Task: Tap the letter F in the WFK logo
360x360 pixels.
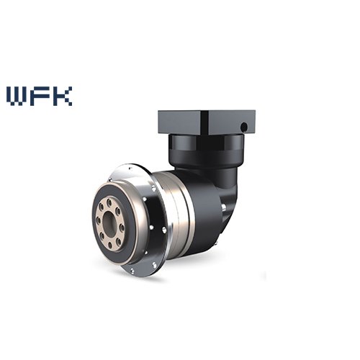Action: [41, 96]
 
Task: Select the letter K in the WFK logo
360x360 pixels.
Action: [62, 96]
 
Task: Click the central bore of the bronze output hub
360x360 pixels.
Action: [109, 223]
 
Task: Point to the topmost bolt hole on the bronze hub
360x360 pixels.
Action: [109, 202]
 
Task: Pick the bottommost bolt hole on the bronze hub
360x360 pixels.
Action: [109, 245]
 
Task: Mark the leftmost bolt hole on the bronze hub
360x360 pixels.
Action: [98, 219]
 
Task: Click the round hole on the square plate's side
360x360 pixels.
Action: [244, 126]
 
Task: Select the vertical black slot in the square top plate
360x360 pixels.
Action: [204, 122]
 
